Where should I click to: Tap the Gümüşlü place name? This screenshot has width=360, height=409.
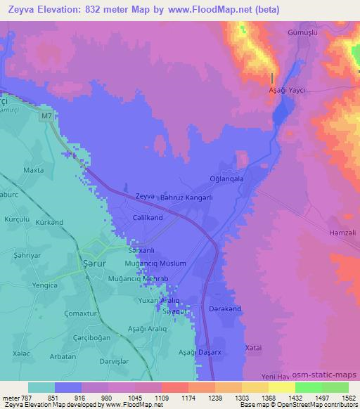click(x=303, y=33)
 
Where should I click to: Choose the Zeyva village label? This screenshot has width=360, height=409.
click(x=144, y=197)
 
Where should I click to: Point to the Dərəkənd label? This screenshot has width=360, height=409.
click(x=226, y=309)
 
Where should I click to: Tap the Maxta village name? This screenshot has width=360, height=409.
click(x=34, y=170)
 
